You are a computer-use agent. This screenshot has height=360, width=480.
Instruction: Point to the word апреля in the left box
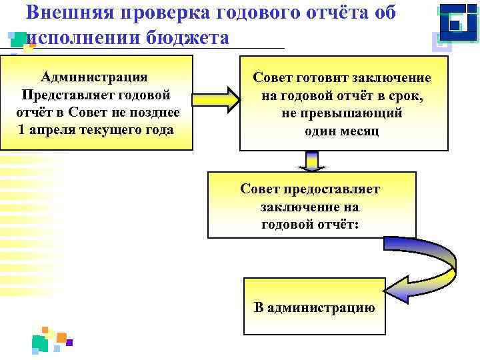(x=73, y=129)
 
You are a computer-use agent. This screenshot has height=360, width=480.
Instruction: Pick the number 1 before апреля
(x=23, y=129)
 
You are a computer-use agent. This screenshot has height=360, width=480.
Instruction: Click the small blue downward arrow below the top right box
(x=311, y=161)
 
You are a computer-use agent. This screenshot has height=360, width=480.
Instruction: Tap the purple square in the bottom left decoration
(x=69, y=343)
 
